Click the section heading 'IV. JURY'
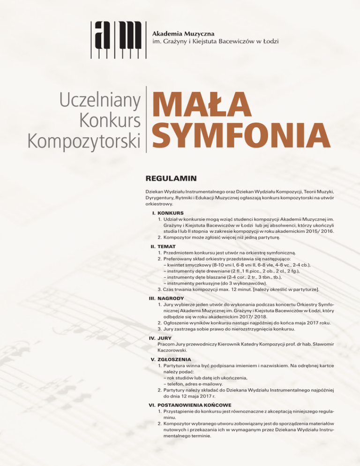163,337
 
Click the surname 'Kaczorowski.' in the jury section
173,350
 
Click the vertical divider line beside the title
147,119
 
